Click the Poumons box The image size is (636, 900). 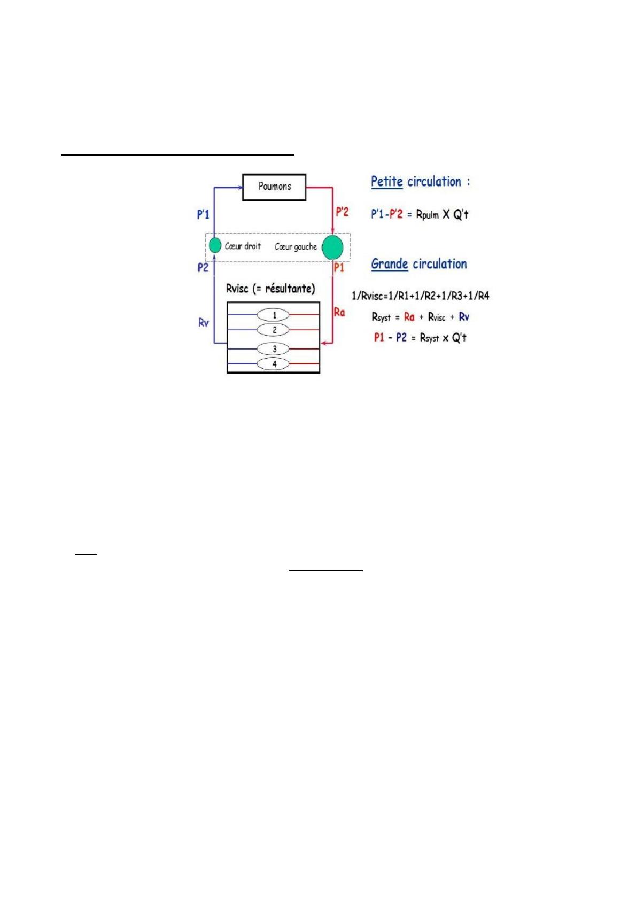274,187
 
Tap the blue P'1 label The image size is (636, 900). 203,215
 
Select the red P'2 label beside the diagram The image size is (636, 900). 342,212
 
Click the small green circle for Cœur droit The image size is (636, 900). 215,245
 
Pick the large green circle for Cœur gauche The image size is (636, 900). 333,247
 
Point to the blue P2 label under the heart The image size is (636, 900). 203,268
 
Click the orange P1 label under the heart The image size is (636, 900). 339,268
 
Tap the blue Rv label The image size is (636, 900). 204,323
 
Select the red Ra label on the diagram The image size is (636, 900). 339,312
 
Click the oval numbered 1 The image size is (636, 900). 274,315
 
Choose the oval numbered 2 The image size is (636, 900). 274,330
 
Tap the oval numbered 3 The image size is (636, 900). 274,349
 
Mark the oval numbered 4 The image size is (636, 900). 274,364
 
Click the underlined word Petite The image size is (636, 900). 386,182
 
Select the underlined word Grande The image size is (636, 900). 390,264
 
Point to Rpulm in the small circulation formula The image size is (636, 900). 427,215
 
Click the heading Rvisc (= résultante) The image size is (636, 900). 270,289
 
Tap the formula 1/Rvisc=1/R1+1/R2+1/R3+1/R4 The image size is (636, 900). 420,296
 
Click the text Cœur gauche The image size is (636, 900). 296,247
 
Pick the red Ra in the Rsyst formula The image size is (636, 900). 409,317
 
